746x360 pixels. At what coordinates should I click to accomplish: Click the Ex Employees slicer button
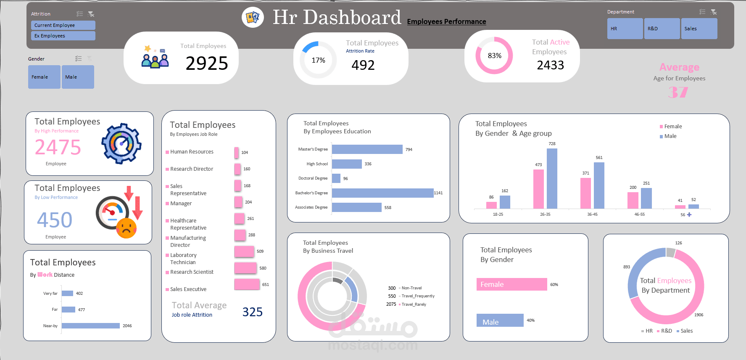63,36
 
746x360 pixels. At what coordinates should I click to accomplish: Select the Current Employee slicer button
63,25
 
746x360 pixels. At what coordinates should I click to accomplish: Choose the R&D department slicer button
662,29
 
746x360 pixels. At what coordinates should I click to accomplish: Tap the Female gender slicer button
44,77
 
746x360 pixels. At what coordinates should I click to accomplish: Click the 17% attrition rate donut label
318,60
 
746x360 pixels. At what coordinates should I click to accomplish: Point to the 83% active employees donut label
494,56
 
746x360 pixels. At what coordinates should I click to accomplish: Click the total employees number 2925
207,64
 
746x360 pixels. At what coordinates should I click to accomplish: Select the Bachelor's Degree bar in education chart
382,193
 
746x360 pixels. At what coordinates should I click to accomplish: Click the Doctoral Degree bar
336,178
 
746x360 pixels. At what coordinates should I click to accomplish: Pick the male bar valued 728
552,178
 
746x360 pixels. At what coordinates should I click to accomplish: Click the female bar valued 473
538,189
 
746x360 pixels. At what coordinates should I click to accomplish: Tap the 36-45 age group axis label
592,214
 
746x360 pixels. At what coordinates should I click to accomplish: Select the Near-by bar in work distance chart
91,326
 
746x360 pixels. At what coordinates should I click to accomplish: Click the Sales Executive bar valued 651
247,285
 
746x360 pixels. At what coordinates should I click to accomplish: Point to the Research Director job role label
192,169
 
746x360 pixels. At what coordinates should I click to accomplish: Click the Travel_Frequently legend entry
417,296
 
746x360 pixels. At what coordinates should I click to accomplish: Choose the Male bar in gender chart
500,320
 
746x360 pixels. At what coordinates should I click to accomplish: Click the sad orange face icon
127,228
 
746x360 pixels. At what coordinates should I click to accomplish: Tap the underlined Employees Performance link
446,21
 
